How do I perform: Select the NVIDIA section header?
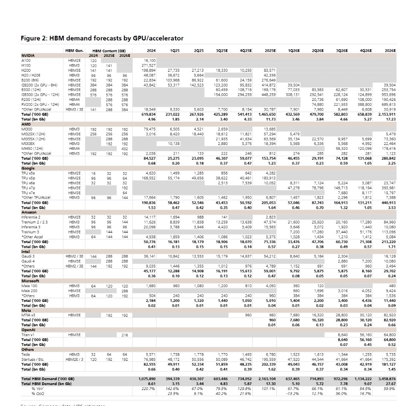(28, 55)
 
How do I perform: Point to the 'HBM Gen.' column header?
(74, 51)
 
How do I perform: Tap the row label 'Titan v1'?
(28, 334)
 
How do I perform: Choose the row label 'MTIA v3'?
(28, 315)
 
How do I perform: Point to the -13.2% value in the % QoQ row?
(293, 393)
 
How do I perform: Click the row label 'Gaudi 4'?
(28, 261)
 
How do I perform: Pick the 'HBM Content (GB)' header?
(109, 51)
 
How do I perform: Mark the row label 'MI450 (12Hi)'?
(33, 148)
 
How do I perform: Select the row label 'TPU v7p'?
(28, 187)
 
